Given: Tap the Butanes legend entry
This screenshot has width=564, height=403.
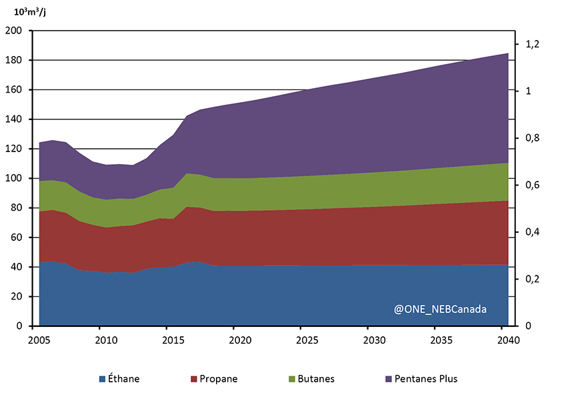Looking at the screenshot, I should [x=313, y=379].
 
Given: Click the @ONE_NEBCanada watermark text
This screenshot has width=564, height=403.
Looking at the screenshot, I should [x=440, y=310].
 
